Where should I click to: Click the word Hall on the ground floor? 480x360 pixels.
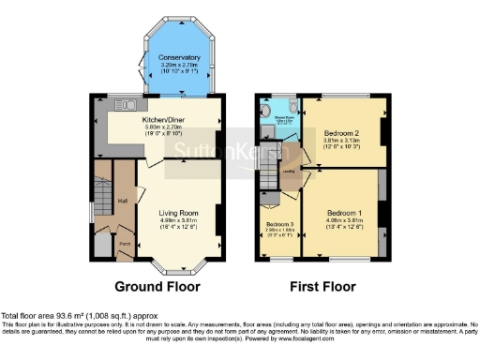click(x=122, y=201)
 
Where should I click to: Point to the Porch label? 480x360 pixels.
click(x=124, y=241)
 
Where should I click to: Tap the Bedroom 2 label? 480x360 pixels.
click(x=339, y=134)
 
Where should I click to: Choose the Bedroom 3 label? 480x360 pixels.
click(x=279, y=226)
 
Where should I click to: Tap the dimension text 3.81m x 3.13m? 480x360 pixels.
click(x=339, y=142)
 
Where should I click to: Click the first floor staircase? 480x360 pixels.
click(x=267, y=173)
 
